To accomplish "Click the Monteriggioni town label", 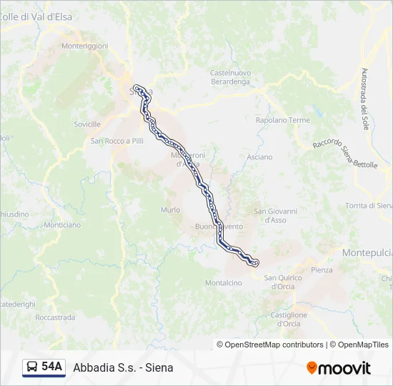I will [x=84, y=46].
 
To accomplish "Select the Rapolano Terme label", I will [x=283, y=120].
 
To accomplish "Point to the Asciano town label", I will [x=259, y=157].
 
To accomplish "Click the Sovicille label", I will [x=87, y=124].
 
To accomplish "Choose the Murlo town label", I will [x=171, y=209].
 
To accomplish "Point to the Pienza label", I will [x=322, y=269].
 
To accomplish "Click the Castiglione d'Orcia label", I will [x=289, y=319].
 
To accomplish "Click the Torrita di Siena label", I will [x=367, y=205].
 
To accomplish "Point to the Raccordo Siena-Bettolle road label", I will [x=345, y=154].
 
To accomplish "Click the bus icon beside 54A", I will [x=33, y=367].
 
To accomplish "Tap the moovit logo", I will [x=339, y=368].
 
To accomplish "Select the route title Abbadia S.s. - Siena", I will [x=123, y=367].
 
